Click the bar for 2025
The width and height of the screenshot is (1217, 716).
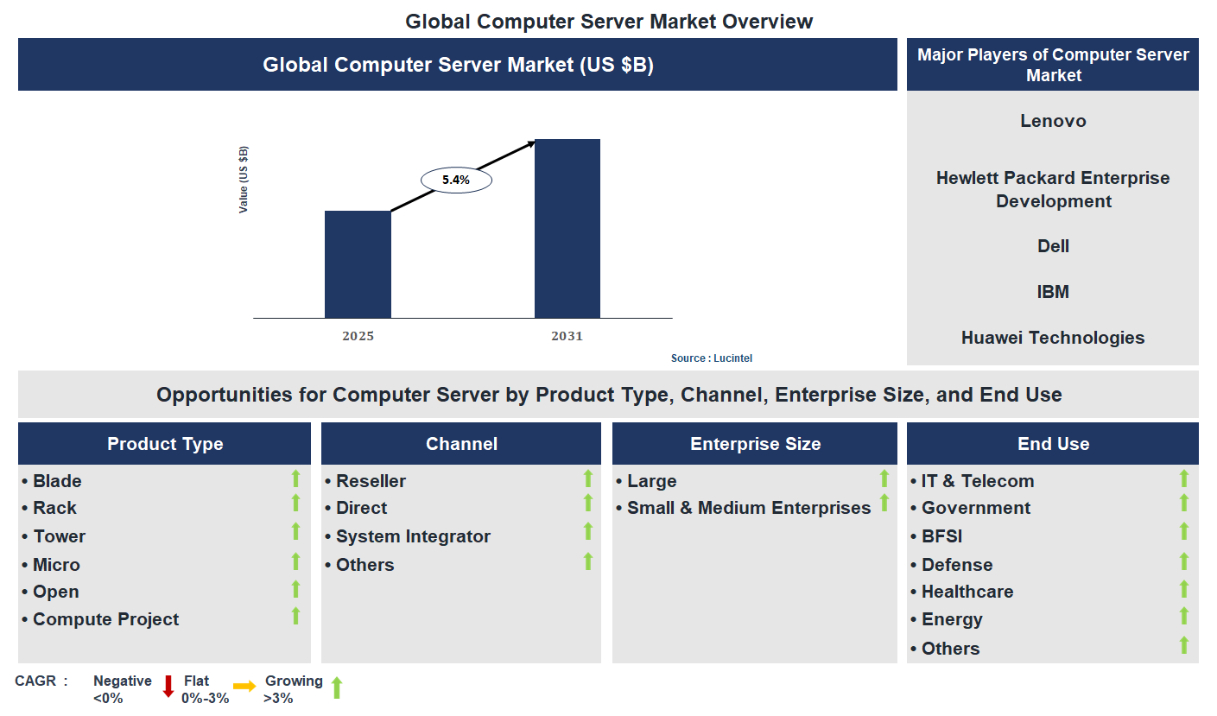click(x=358, y=264)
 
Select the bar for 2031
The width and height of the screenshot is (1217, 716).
click(x=567, y=228)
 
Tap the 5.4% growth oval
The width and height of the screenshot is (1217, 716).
click(x=456, y=181)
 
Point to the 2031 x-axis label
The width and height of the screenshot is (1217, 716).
click(x=567, y=336)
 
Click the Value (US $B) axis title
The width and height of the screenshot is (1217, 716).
click(x=244, y=180)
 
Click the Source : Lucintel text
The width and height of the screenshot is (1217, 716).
click(x=705, y=358)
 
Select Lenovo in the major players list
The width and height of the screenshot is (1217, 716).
click(x=1053, y=121)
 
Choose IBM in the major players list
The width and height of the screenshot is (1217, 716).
click(x=1053, y=292)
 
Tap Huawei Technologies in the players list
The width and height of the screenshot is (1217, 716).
click(x=1053, y=338)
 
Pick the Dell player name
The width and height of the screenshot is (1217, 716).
click(x=1053, y=246)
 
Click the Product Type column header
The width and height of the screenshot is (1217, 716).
click(x=165, y=444)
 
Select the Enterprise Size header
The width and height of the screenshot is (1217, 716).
click(x=755, y=444)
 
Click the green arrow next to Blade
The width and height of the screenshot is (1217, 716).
click(x=295, y=478)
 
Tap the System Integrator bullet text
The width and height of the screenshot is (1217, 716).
click(x=413, y=536)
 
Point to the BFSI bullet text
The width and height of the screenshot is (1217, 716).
click(x=941, y=536)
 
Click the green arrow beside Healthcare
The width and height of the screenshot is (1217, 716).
click(x=1184, y=589)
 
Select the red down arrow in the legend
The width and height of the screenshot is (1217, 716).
click(x=168, y=687)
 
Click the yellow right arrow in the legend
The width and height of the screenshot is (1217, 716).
click(x=244, y=687)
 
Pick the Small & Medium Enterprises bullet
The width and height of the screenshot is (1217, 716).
click(x=748, y=509)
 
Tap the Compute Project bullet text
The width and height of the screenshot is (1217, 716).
click(x=105, y=619)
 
